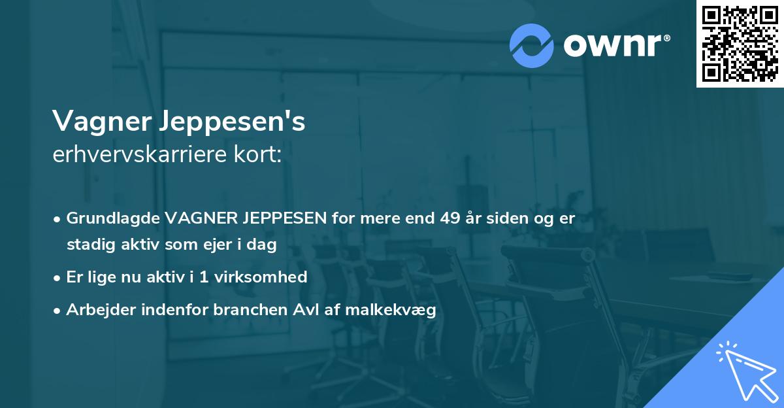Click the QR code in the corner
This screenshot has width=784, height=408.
740,43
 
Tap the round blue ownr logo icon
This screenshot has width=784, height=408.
531,46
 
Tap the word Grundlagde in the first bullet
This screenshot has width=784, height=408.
113,219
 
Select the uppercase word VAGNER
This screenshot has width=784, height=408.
195,218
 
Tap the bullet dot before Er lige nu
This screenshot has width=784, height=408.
58,278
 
